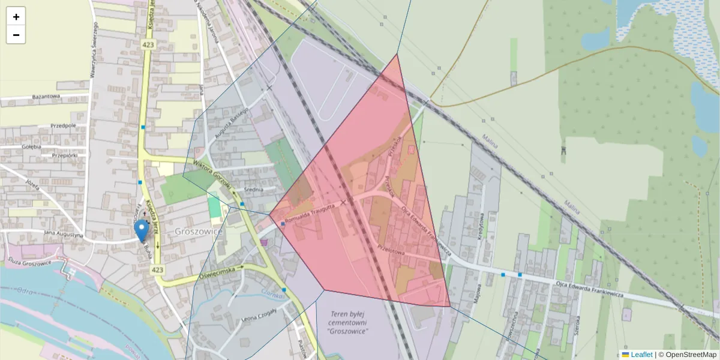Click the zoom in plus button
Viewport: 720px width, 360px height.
[16, 17]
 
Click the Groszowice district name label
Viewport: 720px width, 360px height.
[199, 231]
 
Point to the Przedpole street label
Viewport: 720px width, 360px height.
[64, 126]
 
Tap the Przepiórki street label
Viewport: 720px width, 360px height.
[65, 155]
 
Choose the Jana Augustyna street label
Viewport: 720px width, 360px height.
[62, 235]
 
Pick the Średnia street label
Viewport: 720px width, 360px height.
[254, 190]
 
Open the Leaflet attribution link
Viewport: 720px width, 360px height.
[641, 355]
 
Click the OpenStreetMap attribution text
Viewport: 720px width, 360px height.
[691, 355]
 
